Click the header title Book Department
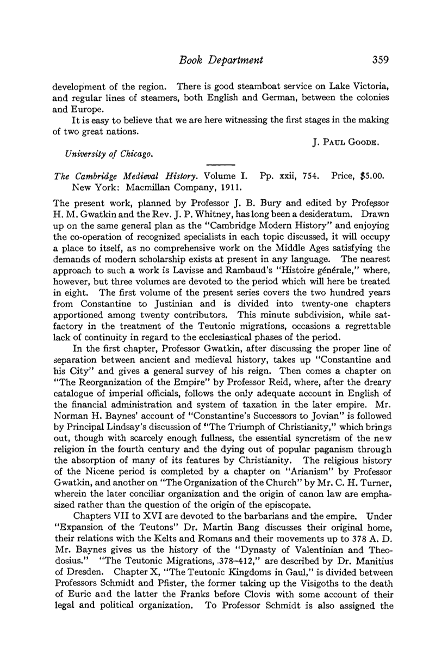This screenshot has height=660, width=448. pyautogui.click(x=223, y=60)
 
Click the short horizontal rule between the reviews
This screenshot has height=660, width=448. pyautogui.click(x=221, y=164)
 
